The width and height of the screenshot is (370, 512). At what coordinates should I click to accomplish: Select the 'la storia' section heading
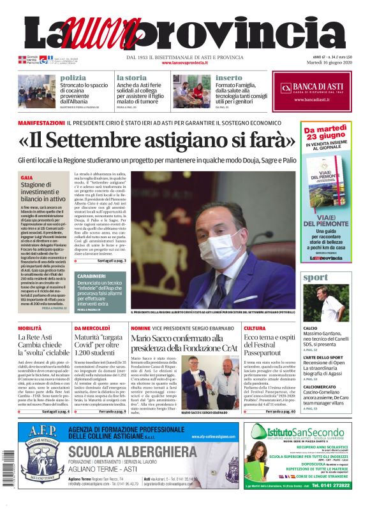pos(131,77)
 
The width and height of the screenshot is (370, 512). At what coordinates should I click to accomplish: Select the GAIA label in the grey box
pos(27,178)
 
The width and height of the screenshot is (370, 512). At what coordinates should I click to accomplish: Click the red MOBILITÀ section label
pos(30,327)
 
